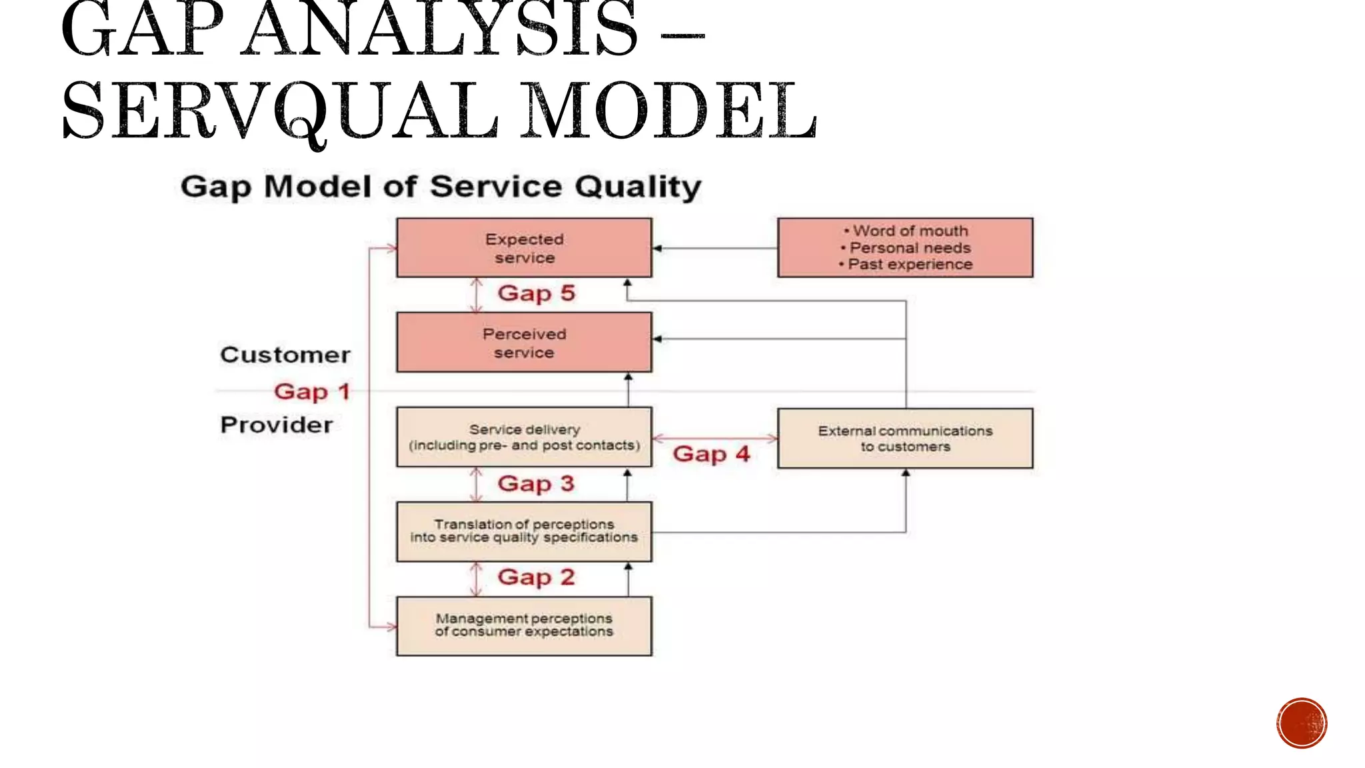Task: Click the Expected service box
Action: pos(524,248)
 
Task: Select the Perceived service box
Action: pos(524,343)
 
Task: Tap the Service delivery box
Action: pos(524,437)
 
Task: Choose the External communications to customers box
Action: pos(905,439)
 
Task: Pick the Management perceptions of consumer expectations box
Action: pos(524,626)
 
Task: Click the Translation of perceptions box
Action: pos(524,531)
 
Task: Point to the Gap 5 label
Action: pos(536,293)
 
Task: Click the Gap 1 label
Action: pos(311,392)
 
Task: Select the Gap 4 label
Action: pos(711,455)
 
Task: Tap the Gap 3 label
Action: pos(536,484)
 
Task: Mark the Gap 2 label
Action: pos(536,577)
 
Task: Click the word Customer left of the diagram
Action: pos(285,355)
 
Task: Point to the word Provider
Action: pos(277,425)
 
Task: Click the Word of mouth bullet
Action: pos(910,231)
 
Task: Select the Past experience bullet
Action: pos(910,265)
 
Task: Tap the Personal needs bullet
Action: pos(910,248)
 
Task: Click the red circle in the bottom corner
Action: pos(1302,723)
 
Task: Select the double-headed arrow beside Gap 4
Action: pos(714,438)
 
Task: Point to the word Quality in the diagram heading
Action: pos(638,187)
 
